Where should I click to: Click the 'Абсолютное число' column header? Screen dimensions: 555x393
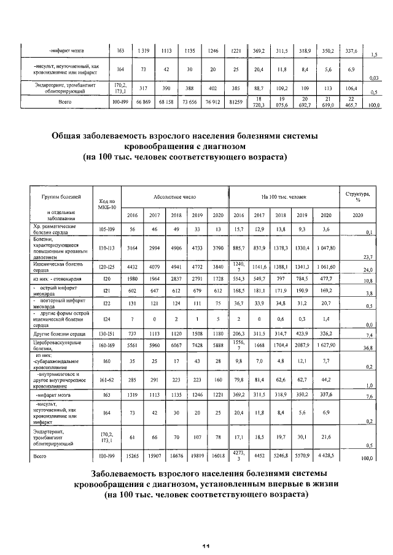(x=175, y=198)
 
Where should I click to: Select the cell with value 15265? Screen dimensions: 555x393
(x=131, y=456)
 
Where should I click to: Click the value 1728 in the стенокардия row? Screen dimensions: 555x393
(x=218, y=279)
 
